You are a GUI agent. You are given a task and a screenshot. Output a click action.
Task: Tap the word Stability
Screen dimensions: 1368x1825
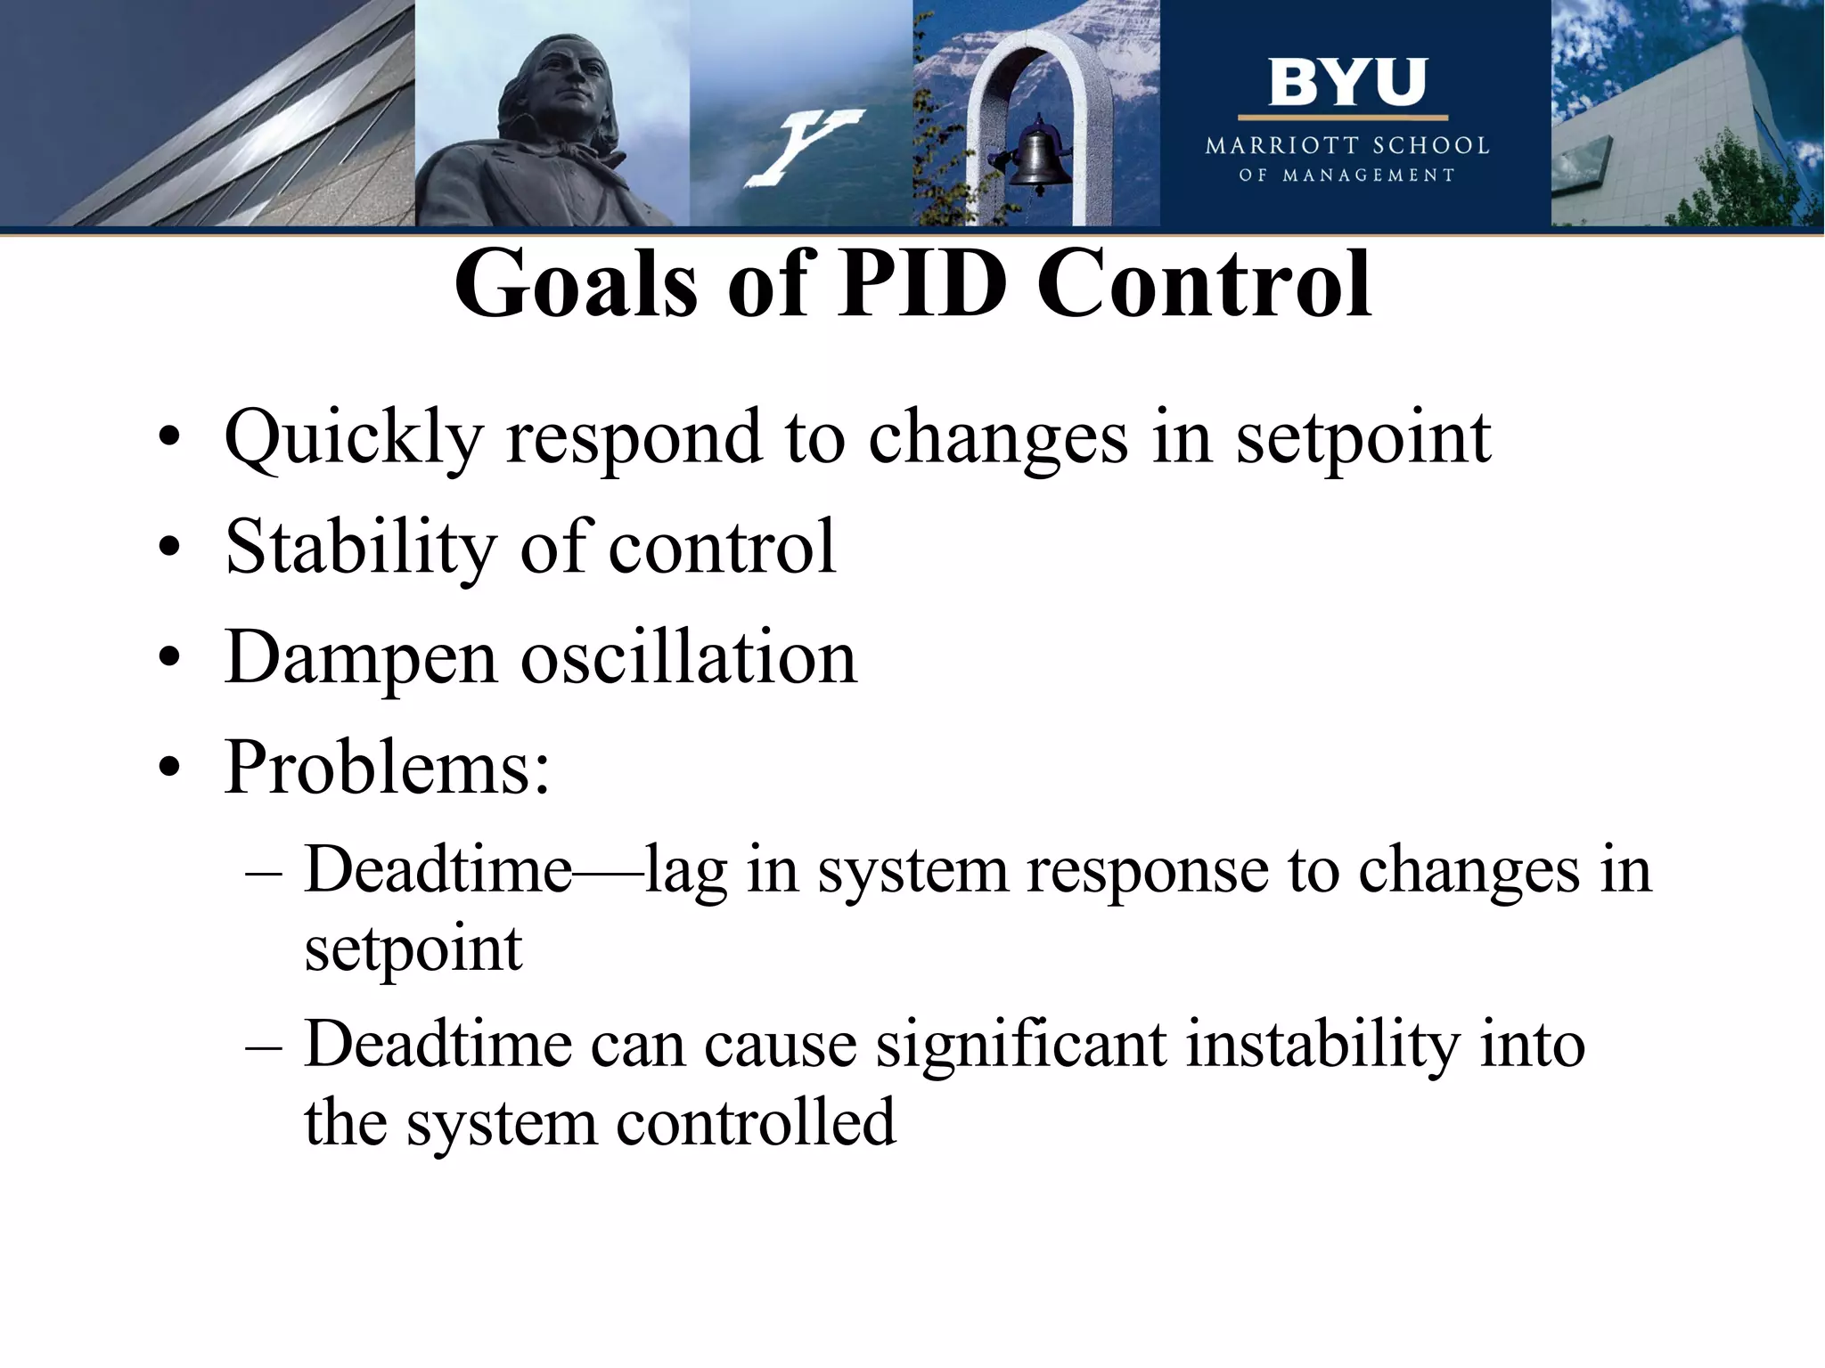[x=360, y=548]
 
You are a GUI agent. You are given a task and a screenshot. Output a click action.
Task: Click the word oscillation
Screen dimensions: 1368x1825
[x=687, y=657]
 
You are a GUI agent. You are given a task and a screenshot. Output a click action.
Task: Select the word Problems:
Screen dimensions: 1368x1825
[x=387, y=767]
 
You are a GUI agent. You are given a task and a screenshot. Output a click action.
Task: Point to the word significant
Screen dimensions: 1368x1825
[x=1020, y=1045]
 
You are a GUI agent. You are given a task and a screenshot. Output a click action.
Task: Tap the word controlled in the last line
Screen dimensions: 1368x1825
[x=756, y=1123]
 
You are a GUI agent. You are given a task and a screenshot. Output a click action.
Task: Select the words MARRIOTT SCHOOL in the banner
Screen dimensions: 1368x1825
[x=1346, y=146]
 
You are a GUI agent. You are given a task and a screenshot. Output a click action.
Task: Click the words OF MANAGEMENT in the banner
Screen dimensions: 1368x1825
[x=1346, y=175]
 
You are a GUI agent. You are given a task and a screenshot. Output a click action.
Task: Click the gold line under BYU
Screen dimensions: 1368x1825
[x=1343, y=118]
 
